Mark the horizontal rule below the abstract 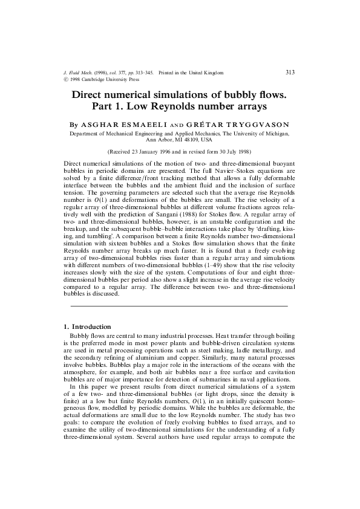click(180, 306)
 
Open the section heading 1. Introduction click(87, 326)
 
